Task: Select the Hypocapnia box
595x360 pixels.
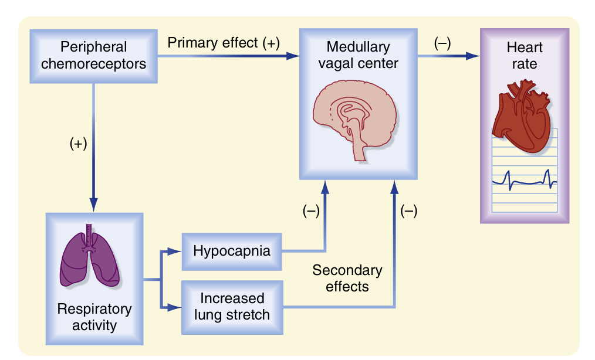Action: click(232, 252)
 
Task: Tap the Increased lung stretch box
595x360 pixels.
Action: click(232, 306)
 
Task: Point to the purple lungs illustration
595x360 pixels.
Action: click(90, 257)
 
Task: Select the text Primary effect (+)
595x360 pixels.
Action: click(224, 43)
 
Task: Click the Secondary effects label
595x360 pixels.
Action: click(347, 279)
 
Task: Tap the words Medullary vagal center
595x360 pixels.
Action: click(358, 55)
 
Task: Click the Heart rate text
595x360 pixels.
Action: click(524, 56)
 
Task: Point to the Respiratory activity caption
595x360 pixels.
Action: click(94, 317)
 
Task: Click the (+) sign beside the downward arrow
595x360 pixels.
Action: click(78, 144)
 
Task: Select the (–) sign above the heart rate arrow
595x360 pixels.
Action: click(442, 43)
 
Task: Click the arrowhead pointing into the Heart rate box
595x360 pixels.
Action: click(472, 56)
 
